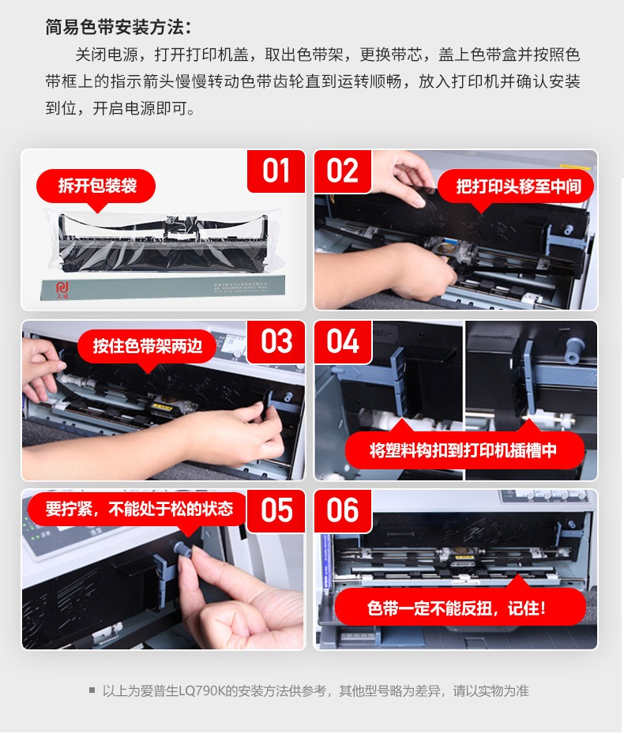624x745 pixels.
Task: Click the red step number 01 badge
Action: pos(276,171)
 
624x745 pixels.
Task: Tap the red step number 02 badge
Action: pos(342,171)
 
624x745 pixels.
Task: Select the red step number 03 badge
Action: pos(276,341)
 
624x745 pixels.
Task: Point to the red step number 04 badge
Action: pos(343,341)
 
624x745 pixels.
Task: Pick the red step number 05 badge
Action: pos(276,511)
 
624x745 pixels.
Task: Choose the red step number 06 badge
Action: pos(342,511)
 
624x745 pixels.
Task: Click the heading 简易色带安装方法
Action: pos(118,27)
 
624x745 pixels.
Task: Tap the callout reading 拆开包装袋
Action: pos(96,186)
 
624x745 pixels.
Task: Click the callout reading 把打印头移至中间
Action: pos(517,186)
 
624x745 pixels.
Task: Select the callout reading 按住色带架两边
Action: pos(147,346)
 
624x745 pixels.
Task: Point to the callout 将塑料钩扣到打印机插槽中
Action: pos(464,450)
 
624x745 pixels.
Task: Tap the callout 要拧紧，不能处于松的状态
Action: pos(139,509)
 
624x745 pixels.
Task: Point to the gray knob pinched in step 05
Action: pos(182,549)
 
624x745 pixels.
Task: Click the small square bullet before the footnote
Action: pos(92,690)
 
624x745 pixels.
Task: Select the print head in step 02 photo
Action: pos(451,254)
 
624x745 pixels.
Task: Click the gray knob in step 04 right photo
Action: pos(573,350)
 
